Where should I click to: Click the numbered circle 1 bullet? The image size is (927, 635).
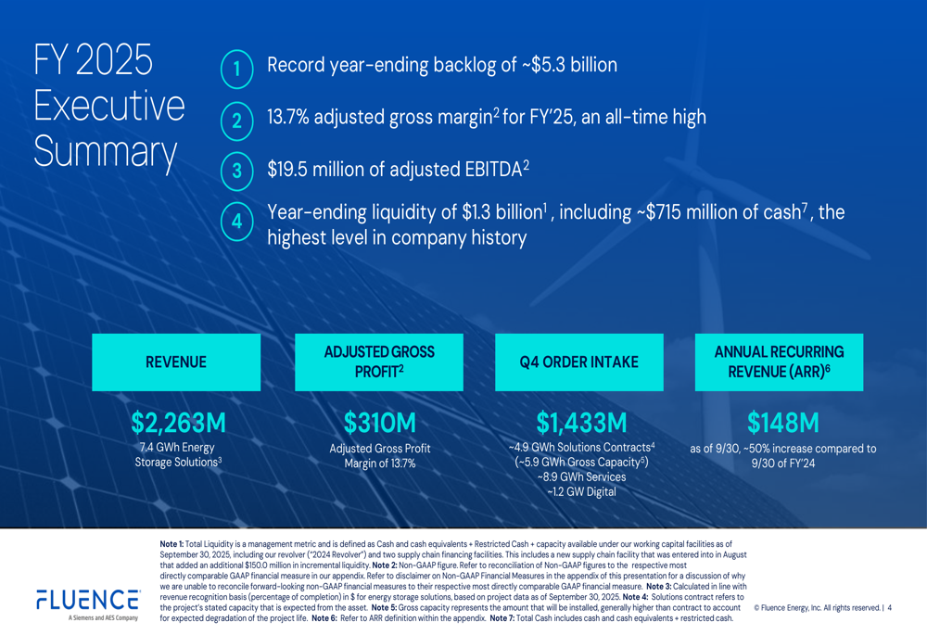coord(236,69)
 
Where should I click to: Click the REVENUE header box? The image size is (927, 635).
coord(176,362)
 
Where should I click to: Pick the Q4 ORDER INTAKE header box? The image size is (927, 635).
coord(579,362)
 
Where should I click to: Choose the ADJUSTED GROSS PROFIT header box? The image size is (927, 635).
coord(378,362)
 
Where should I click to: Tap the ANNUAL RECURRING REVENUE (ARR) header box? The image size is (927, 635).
coord(779,362)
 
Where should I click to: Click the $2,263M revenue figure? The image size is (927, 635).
coord(178,423)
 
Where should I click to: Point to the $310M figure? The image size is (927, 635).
coord(379,423)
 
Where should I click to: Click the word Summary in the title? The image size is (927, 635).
coord(105,152)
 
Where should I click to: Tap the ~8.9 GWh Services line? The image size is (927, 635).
coord(581,476)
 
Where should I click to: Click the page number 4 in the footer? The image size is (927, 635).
coord(889,608)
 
